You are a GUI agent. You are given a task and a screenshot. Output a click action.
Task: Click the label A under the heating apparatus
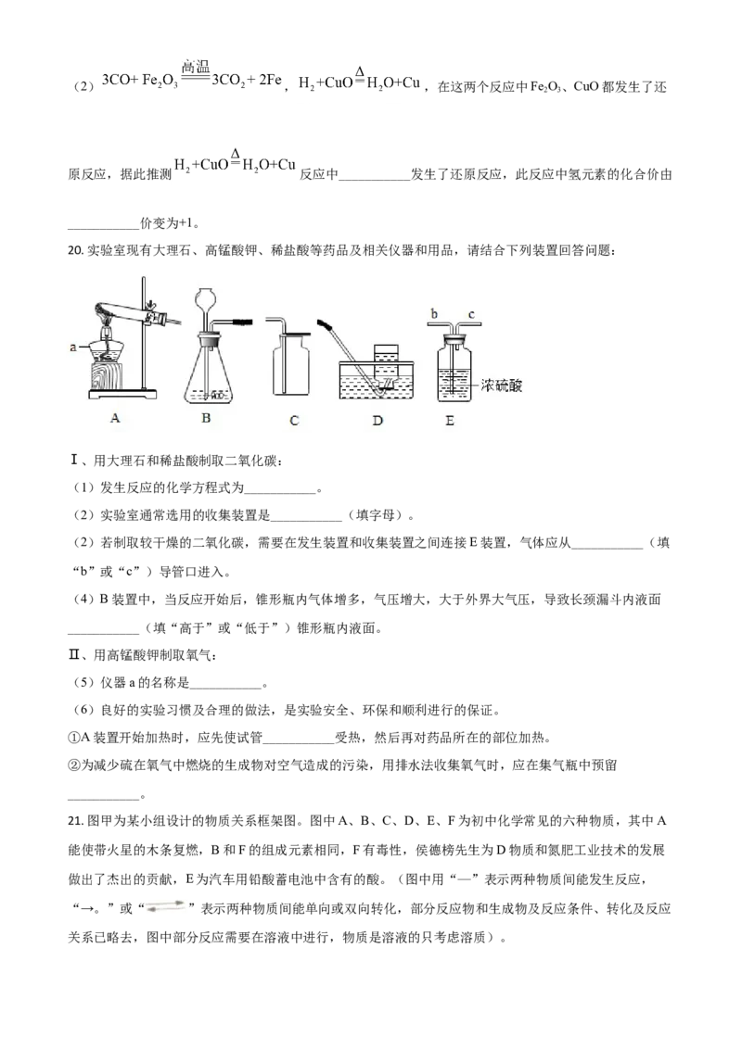coord(115,417)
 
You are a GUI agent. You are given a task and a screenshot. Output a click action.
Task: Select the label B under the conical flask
coord(206,417)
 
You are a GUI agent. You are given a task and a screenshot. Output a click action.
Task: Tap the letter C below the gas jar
coord(294,420)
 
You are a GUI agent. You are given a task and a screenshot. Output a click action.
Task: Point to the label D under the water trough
coord(377,420)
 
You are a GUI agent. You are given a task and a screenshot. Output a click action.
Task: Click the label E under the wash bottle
coord(449,421)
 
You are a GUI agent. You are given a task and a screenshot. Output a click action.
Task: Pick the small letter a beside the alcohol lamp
coord(73,348)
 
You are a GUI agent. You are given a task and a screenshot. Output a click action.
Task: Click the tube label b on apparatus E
coord(434,313)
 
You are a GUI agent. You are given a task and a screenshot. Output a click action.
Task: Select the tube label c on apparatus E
coord(471,314)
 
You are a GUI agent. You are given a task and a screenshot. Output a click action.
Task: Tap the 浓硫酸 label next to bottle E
coord(501,385)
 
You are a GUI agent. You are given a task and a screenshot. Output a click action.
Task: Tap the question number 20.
coord(75,251)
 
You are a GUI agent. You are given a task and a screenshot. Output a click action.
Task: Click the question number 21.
coord(75,821)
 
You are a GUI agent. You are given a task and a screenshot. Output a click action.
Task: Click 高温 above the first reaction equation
coord(196,66)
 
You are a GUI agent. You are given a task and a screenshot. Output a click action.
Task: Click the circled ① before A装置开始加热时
coord(73,738)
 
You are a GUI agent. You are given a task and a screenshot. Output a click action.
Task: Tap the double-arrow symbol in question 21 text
coord(165,907)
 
